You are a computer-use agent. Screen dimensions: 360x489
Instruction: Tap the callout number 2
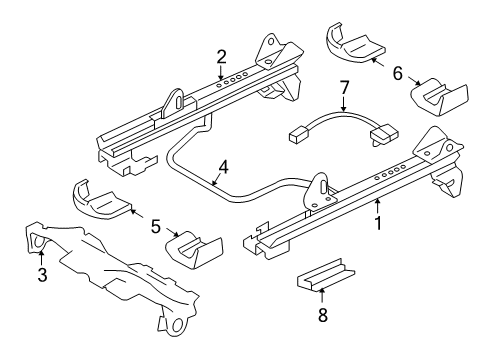[x=222, y=59]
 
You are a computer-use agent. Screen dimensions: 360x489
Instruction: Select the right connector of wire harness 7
[x=383, y=131]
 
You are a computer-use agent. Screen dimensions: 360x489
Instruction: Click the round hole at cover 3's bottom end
[x=175, y=326]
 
